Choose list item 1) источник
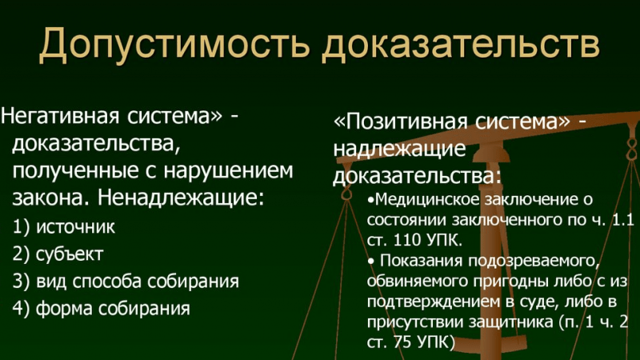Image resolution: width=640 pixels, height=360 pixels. click(64, 227)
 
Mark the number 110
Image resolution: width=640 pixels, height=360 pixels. click(403, 239)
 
